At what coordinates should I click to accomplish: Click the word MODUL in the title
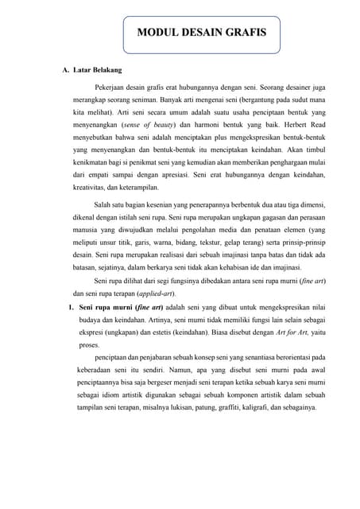pyautogui.click(x=157, y=33)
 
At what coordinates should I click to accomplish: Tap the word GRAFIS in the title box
pyautogui.click(x=243, y=33)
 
